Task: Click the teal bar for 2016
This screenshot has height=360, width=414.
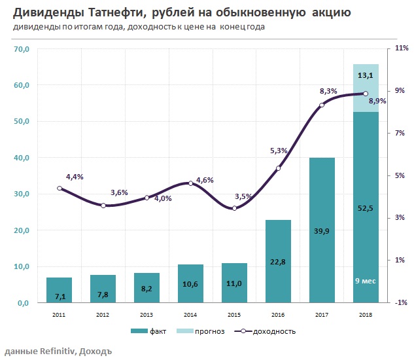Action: point(278,261)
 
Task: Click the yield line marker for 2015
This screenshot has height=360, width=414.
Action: point(234,208)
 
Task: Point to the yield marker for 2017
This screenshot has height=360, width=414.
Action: point(322,105)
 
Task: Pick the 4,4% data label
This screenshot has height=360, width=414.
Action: point(75,177)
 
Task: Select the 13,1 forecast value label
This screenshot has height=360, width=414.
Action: point(366,77)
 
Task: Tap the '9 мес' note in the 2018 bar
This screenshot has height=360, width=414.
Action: point(366,281)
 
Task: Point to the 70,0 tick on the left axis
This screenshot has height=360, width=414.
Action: point(22,49)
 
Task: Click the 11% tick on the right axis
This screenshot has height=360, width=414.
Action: point(402,49)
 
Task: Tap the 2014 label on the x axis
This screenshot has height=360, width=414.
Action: point(190,315)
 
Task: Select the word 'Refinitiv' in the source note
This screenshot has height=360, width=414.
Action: point(56,351)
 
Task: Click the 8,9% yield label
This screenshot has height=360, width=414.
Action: point(377,101)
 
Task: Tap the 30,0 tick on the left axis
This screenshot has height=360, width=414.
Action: point(22,194)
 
